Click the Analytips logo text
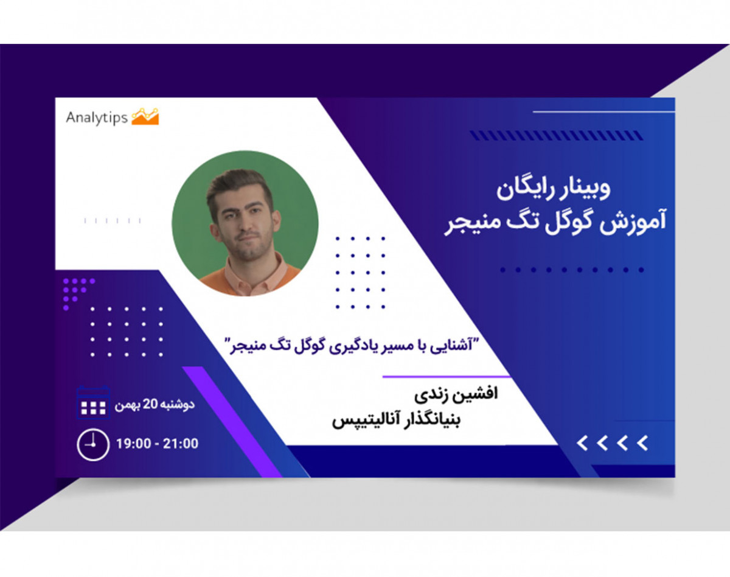(97, 117)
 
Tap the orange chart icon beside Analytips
(145, 116)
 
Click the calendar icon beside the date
(93, 403)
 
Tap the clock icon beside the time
(93, 444)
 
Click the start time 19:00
(134, 444)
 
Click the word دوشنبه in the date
(178, 404)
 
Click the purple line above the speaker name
(447, 377)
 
